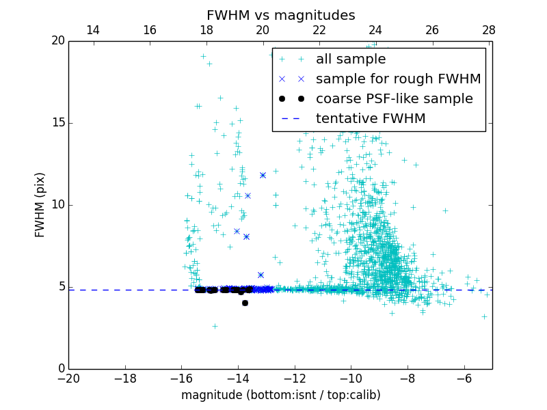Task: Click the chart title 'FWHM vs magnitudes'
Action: tap(280, 15)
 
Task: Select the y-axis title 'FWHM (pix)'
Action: tap(40, 204)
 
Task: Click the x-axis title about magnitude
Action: tap(280, 395)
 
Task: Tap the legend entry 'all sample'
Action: tap(350, 59)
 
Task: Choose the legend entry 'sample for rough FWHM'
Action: tap(398, 79)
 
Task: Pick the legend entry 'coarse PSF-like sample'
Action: tap(394, 99)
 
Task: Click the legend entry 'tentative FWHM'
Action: tap(371, 119)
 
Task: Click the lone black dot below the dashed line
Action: tap(245, 303)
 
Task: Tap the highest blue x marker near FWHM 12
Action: tap(263, 175)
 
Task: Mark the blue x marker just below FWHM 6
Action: tap(261, 275)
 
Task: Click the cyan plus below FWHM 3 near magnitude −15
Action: tap(214, 326)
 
